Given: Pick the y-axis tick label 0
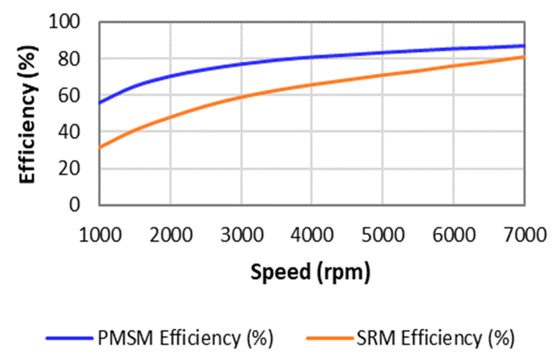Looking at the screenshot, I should (x=74, y=205).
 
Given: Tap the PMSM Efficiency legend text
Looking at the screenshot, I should (x=185, y=338).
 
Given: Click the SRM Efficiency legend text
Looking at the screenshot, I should (x=435, y=338).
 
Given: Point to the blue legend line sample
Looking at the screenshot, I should (x=69, y=338).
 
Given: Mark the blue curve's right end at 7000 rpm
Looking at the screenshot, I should (x=524, y=46).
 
